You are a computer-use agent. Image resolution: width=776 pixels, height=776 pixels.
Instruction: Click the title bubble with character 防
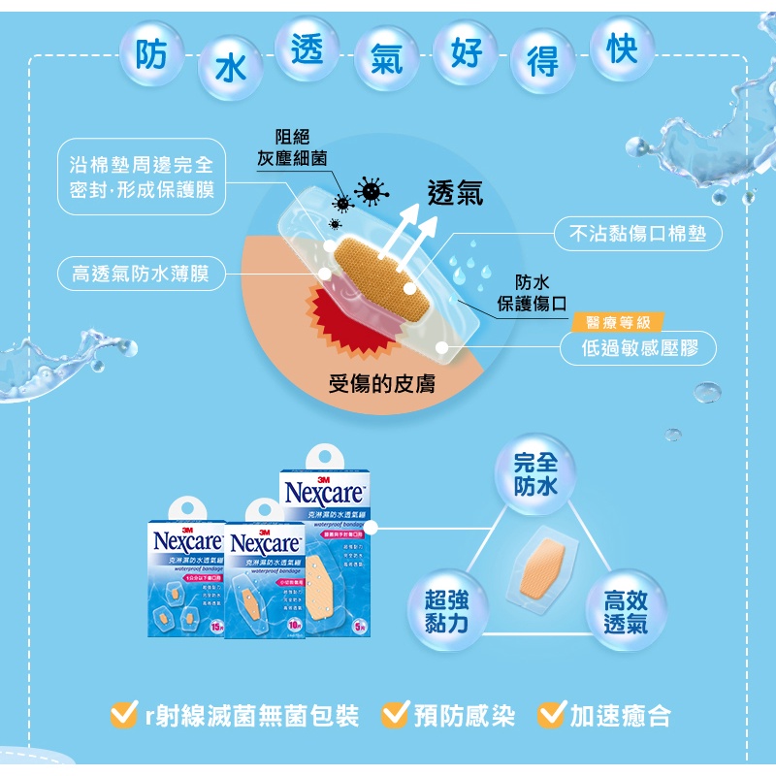(x=152, y=56)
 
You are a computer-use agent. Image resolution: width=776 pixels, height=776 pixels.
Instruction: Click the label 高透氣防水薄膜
(x=135, y=275)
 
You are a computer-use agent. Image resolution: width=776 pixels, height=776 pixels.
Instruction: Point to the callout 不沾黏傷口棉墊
(x=637, y=234)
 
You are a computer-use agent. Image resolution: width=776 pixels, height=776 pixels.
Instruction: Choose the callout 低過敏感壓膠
(x=639, y=348)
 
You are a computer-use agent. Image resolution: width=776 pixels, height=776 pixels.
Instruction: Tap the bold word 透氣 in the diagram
(x=455, y=194)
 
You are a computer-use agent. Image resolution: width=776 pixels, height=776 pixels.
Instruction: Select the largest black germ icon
(x=370, y=191)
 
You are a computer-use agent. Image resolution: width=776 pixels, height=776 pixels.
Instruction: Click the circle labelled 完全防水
(x=535, y=473)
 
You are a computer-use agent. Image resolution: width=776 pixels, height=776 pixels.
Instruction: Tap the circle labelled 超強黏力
(x=447, y=610)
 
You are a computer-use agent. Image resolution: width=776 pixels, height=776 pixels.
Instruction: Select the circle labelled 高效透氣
(x=625, y=611)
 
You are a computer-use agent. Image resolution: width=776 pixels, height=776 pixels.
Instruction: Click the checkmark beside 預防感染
(x=395, y=715)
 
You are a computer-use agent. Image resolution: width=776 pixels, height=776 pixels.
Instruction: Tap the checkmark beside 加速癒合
(x=551, y=715)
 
